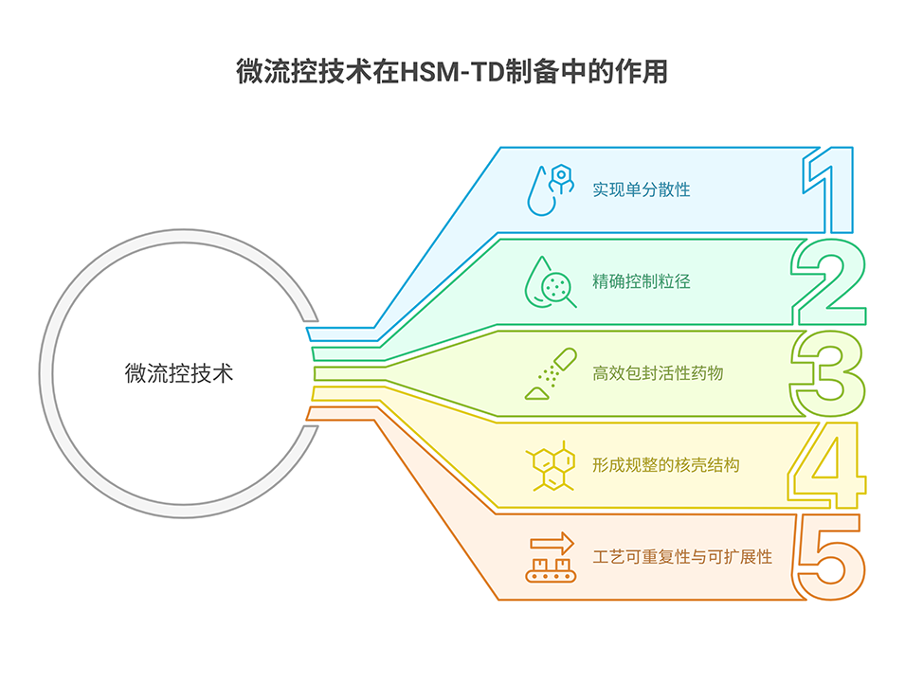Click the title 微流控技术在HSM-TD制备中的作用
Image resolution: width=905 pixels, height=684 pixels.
click(452, 72)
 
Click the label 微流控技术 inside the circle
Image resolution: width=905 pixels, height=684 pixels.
click(179, 372)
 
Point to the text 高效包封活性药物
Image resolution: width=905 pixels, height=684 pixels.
click(658, 372)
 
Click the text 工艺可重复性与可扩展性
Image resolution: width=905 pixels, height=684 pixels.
click(682, 556)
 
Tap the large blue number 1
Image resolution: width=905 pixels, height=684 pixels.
click(829, 189)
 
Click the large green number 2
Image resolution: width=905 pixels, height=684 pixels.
click(829, 280)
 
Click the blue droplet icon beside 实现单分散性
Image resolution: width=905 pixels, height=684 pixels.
click(551, 189)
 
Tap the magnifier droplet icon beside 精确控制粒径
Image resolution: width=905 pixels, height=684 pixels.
click(551, 281)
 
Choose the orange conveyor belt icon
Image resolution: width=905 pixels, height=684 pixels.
click(552, 569)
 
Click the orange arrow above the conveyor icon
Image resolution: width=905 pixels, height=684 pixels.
click(552, 543)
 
